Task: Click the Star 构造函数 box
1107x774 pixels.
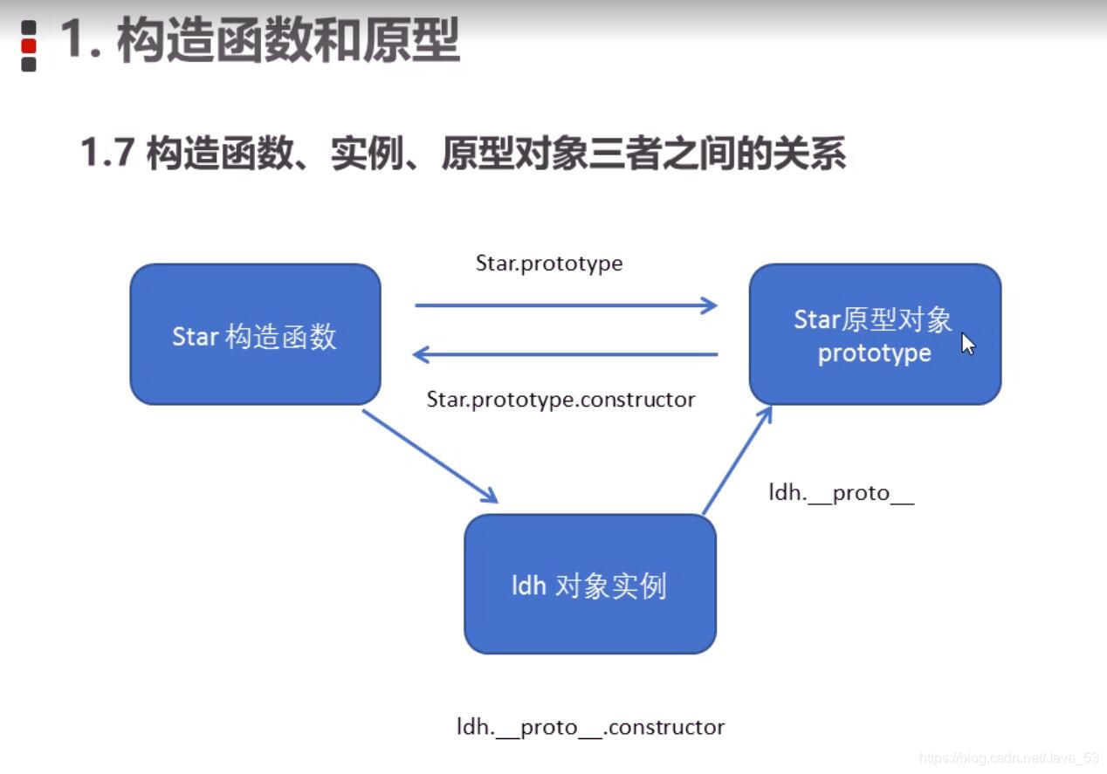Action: click(255, 335)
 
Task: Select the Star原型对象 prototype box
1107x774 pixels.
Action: click(875, 335)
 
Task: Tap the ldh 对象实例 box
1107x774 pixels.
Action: click(589, 584)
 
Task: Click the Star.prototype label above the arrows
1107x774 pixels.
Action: click(549, 264)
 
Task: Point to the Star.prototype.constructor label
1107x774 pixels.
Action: click(560, 400)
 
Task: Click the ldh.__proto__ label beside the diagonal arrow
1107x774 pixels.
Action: click(841, 493)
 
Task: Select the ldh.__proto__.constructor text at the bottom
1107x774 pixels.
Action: click(590, 727)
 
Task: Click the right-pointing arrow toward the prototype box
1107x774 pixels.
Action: click(566, 305)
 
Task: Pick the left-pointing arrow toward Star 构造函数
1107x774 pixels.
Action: click(566, 354)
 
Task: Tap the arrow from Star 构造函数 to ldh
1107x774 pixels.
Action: click(430, 455)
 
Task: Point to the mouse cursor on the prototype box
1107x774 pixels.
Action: click(967, 343)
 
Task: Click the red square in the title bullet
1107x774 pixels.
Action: click(29, 45)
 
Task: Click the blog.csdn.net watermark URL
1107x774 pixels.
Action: click(1009, 758)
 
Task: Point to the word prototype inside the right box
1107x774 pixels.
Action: click(874, 353)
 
